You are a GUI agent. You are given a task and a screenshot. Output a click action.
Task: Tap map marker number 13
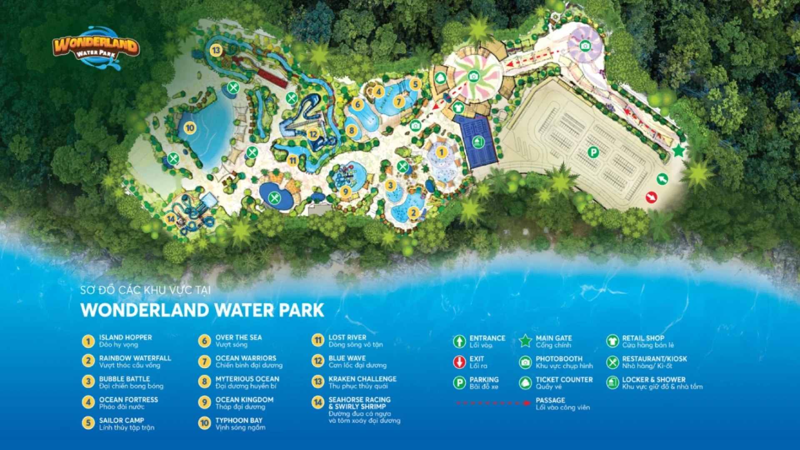pyautogui.click(x=215, y=50)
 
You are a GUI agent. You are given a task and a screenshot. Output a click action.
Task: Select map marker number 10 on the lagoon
pyautogui.click(x=190, y=127)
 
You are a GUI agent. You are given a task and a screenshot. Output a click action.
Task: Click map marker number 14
pyautogui.click(x=170, y=219)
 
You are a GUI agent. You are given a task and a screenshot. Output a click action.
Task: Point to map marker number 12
pyautogui.click(x=313, y=134)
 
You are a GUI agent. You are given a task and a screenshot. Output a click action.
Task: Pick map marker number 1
pyautogui.click(x=442, y=152)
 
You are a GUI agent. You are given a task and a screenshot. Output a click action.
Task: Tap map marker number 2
pyautogui.click(x=413, y=212)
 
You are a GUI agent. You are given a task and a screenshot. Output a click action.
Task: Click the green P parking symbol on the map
pyautogui.click(x=593, y=152)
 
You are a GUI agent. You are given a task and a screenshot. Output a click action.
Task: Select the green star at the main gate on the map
pyautogui.click(x=679, y=150)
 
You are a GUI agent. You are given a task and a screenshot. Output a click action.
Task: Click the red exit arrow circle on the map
pyautogui.click(x=651, y=197)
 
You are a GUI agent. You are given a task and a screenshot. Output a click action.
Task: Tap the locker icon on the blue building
pyautogui.click(x=478, y=142)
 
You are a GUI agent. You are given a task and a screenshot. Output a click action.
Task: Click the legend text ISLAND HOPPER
pyautogui.click(x=125, y=337)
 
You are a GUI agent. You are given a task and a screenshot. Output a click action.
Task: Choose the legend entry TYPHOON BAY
pyautogui.click(x=239, y=420)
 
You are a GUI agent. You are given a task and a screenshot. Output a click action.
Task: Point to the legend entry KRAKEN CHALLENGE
pyautogui.click(x=362, y=379)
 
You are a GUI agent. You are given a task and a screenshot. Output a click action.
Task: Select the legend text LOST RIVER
pyautogui.click(x=347, y=337)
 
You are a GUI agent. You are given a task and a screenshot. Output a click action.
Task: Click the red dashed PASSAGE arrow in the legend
pyautogui.click(x=493, y=403)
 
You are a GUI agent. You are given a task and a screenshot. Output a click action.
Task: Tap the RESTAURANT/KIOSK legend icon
pyautogui.click(x=612, y=362)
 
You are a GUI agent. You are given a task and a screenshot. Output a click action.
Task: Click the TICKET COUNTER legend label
pyautogui.click(x=564, y=380)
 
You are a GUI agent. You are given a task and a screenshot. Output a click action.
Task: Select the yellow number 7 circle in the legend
pyautogui.click(x=204, y=361)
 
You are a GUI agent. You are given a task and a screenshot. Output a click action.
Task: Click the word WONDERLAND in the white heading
pyautogui.click(x=145, y=310)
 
